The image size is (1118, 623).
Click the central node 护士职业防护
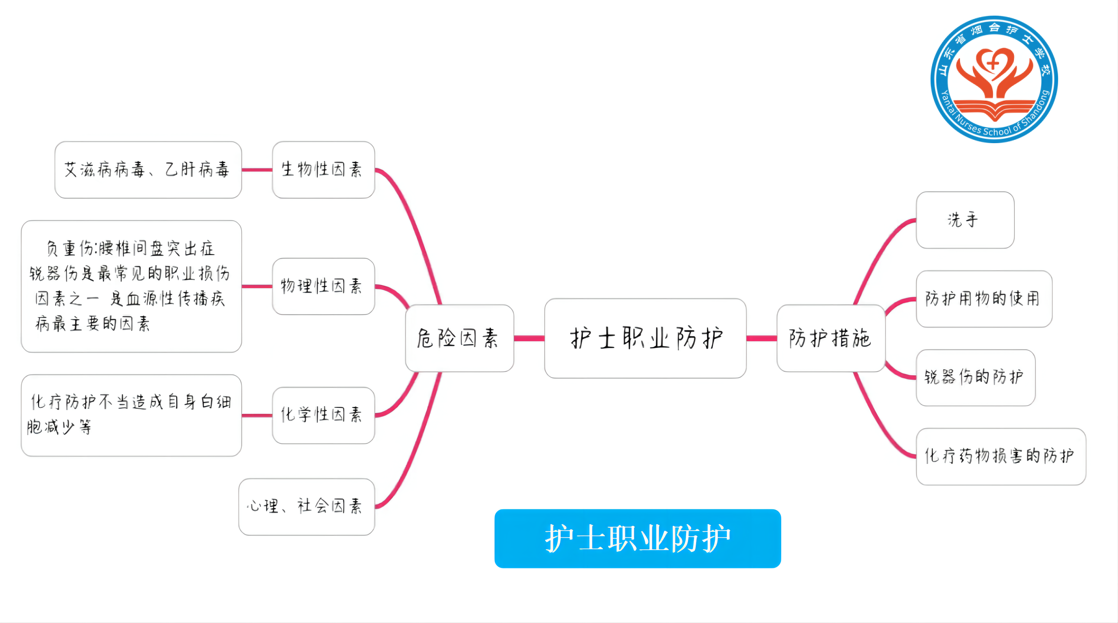[x=645, y=338]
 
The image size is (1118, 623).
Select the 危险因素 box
[x=460, y=338]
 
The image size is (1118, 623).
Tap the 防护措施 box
[x=831, y=338]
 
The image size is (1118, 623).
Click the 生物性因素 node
[x=323, y=170]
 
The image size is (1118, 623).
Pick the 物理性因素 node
[x=323, y=286]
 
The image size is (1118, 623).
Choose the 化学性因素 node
[x=323, y=415]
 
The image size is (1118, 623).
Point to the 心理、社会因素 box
[x=307, y=507]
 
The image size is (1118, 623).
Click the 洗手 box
[x=965, y=220]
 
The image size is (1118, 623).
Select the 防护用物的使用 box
[x=984, y=299]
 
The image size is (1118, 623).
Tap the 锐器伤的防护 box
[x=975, y=377]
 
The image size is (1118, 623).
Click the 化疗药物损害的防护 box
[x=1000, y=456]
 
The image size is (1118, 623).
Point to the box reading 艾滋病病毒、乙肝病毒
[x=148, y=170]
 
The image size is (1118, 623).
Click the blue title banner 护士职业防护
[x=638, y=538]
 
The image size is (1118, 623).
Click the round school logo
[x=994, y=79]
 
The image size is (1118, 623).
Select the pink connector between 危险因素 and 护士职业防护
[x=529, y=338]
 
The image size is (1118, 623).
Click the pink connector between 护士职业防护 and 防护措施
[x=762, y=338]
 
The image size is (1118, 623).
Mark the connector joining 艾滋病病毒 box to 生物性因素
[x=257, y=170]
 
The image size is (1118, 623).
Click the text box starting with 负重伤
[x=131, y=286]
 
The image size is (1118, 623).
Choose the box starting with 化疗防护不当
[x=131, y=415]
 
